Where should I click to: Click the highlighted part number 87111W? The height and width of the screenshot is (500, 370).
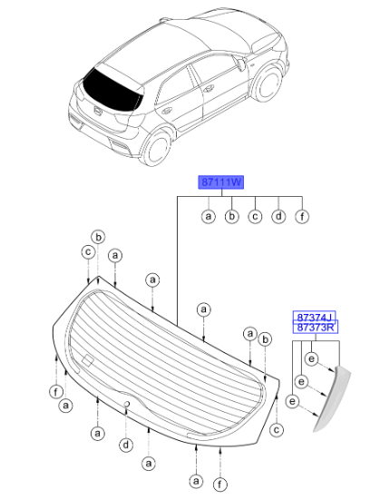[221, 182]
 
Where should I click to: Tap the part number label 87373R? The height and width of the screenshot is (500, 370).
[316, 328]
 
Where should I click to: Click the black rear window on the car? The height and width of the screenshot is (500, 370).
[112, 90]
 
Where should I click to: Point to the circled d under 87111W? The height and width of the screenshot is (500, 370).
[278, 217]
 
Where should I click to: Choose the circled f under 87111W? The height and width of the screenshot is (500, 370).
[302, 217]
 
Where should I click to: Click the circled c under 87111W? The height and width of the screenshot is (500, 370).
[255, 217]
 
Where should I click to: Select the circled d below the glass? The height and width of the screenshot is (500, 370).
[126, 445]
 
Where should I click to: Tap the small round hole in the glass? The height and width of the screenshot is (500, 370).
[127, 404]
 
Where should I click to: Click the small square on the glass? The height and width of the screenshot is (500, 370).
[88, 360]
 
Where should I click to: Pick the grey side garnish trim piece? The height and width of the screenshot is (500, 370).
[333, 398]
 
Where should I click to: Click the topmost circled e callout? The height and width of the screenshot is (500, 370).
[311, 359]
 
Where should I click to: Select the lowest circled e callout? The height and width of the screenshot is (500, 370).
[292, 401]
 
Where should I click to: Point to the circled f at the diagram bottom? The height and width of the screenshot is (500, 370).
[219, 485]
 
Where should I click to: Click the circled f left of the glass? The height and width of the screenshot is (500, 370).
[56, 391]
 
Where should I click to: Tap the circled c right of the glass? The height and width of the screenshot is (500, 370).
[277, 429]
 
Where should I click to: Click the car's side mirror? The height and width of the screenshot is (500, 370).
[241, 64]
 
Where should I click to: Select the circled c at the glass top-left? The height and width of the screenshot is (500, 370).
[88, 252]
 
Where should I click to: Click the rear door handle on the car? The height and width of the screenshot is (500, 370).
[166, 111]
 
